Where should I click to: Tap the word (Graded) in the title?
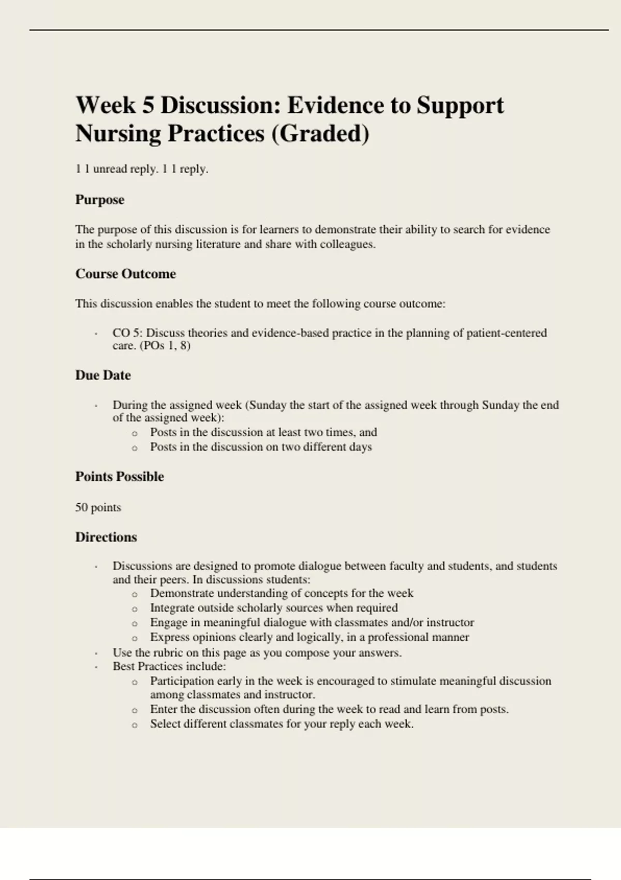(320, 134)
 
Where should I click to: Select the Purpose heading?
(100, 200)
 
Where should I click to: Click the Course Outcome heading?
(126, 274)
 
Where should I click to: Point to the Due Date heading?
(103, 375)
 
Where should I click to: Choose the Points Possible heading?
(120, 477)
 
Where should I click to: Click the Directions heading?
(106, 537)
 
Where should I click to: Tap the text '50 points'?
(98, 507)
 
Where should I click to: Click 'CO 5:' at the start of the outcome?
(127, 333)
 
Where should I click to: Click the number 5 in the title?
(148, 106)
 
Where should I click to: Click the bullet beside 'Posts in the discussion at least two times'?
(135, 433)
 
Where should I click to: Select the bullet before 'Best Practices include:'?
(96, 667)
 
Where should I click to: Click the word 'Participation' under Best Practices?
(182, 681)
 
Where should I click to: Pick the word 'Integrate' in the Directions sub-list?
(172, 608)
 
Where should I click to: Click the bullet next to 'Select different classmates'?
(135, 725)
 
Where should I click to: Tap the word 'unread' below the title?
(110, 169)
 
